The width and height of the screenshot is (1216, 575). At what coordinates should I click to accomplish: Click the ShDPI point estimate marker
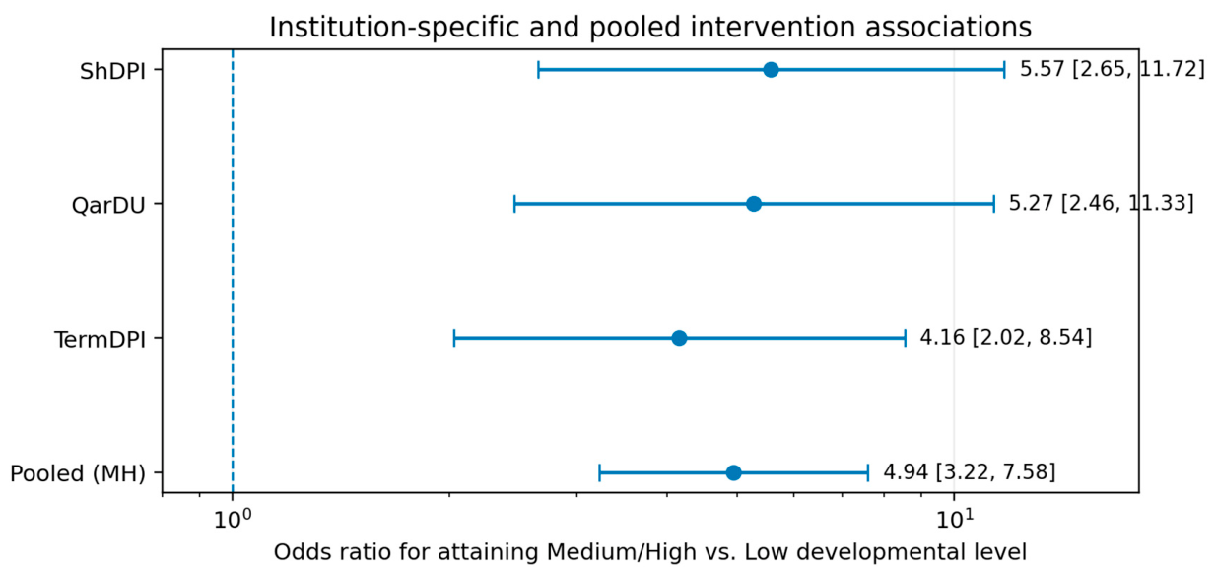point(771,70)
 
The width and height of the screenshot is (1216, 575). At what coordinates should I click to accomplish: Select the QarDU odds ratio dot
point(754,204)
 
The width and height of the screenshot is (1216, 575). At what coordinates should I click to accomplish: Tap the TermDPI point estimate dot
point(679,338)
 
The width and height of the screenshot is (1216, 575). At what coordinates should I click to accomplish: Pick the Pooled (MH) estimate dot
point(733,472)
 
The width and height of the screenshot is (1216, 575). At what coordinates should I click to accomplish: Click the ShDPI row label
point(113,71)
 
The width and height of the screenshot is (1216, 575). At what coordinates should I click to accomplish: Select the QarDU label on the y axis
point(108,205)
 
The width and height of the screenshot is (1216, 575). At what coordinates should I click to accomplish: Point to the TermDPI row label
point(101,339)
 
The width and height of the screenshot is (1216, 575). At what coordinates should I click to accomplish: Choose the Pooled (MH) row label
point(78,474)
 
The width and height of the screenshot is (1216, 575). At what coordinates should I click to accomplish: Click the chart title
point(650,27)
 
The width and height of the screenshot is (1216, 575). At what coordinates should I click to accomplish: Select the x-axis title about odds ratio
point(650,552)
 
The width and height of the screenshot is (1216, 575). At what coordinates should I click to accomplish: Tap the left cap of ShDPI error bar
point(538,70)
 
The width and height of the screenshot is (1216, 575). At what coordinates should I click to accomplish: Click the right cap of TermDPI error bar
point(906,338)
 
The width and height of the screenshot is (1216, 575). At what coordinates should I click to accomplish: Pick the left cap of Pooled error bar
point(599,472)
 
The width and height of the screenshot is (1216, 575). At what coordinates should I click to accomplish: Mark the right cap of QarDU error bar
point(994,204)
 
